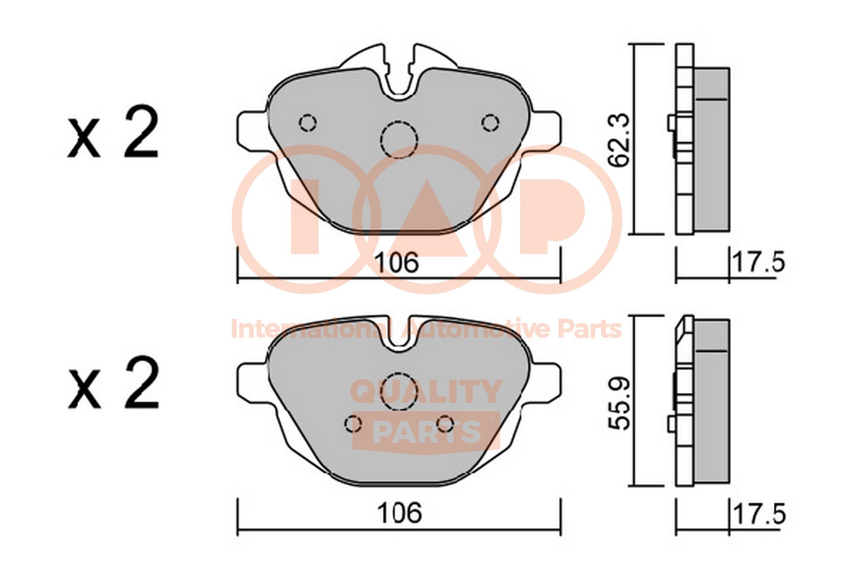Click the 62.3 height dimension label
[x=618, y=140]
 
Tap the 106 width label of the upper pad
[x=397, y=262]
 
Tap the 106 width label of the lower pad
[x=399, y=513]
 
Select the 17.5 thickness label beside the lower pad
[x=759, y=514]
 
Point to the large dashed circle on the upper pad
[x=399, y=139]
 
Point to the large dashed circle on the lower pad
[x=400, y=391]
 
